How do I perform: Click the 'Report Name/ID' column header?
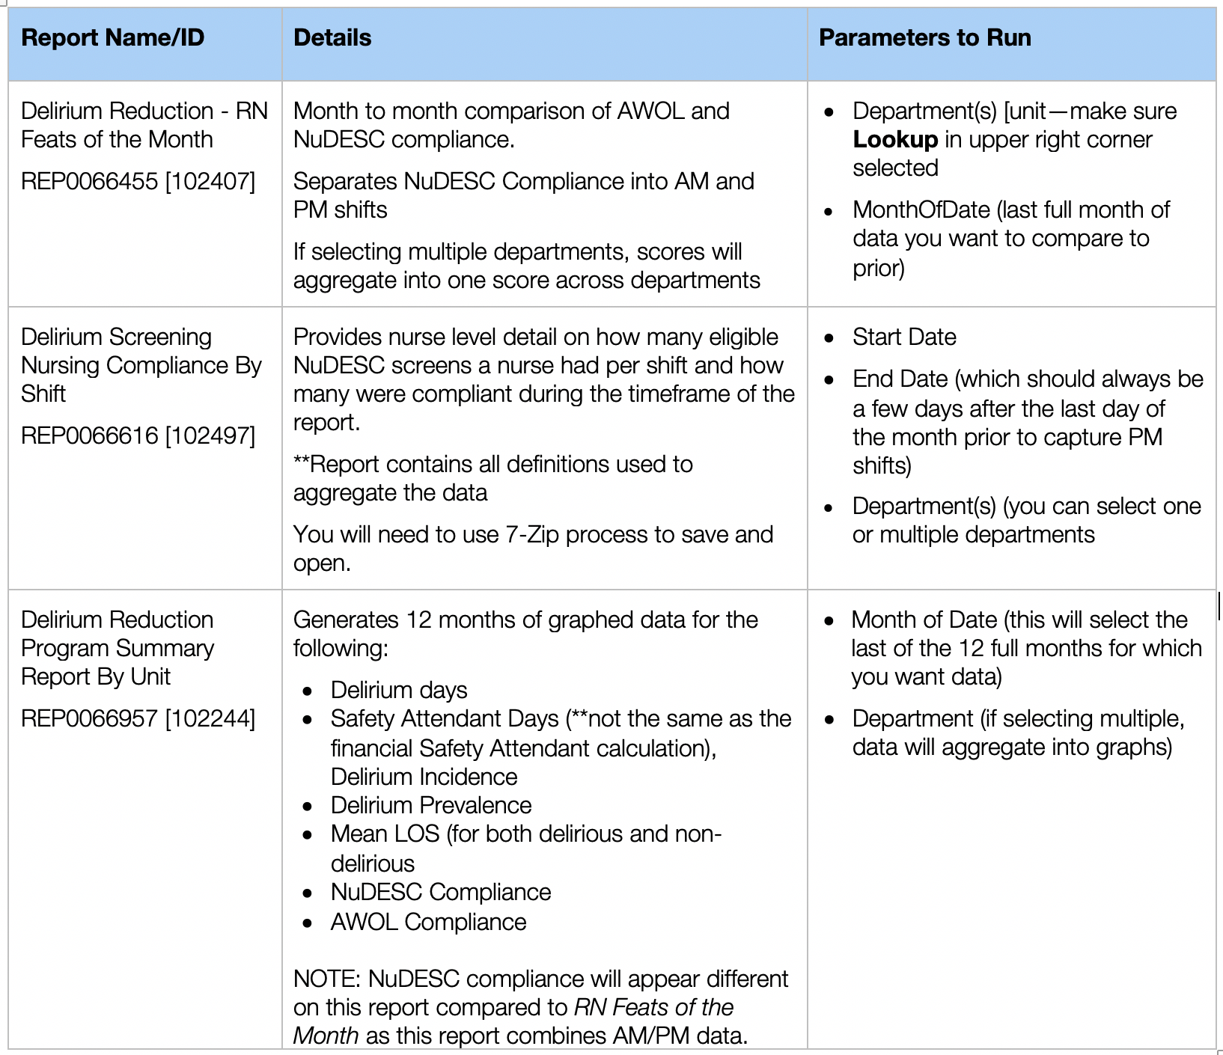tap(112, 38)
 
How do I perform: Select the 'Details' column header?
tap(332, 38)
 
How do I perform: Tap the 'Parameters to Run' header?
tap(924, 38)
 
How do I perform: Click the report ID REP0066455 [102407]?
tap(138, 181)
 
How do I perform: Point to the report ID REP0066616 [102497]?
tap(138, 435)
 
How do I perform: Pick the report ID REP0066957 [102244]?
tap(138, 718)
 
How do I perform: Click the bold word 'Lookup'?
tap(895, 140)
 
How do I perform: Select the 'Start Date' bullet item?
tap(904, 337)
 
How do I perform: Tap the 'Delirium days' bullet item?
tap(399, 690)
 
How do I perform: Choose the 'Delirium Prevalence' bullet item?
tap(431, 805)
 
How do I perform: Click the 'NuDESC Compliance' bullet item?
tap(441, 892)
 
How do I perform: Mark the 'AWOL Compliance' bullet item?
tap(428, 922)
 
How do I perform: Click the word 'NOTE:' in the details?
tap(327, 979)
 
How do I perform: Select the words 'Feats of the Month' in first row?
tap(117, 140)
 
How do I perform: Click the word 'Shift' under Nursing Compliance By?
tap(43, 394)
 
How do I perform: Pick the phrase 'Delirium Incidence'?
tap(424, 777)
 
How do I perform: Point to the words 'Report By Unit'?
tap(96, 676)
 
